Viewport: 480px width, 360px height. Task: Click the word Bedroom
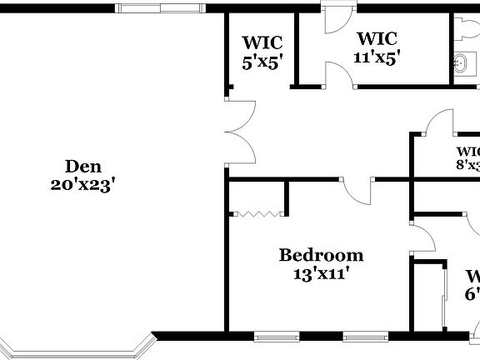[321, 255]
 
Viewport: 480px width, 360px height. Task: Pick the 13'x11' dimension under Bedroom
[321, 272]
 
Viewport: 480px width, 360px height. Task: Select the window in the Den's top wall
[159, 8]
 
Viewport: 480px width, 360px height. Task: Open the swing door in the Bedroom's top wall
[358, 193]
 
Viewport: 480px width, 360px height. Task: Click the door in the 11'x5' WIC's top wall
[338, 20]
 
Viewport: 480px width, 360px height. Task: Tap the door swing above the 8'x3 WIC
[439, 123]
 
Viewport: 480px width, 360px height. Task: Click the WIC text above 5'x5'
[262, 42]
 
